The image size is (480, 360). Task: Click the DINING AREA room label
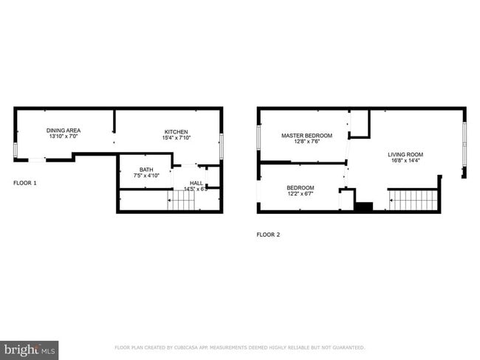(x=63, y=130)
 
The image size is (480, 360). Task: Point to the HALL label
(x=196, y=182)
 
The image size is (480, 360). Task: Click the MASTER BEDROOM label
(x=306, y=135)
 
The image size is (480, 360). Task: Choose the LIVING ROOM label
(x=405, y=154)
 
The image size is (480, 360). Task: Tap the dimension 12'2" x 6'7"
(x=301, y=194)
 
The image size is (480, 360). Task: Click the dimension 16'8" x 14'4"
(x=405, y=162)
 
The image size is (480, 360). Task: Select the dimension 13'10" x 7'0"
(x=63, y=136)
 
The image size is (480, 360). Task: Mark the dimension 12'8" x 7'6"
(x=306, y=142)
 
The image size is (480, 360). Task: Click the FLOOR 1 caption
(x=25, y=182)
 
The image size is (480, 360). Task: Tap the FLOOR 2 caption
(x=268, y=235)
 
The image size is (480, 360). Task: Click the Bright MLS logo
(x=30, y=348)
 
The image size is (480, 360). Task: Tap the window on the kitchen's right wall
(x=222, y=145)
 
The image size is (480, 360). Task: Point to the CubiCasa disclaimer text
(x=239, y=347)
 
